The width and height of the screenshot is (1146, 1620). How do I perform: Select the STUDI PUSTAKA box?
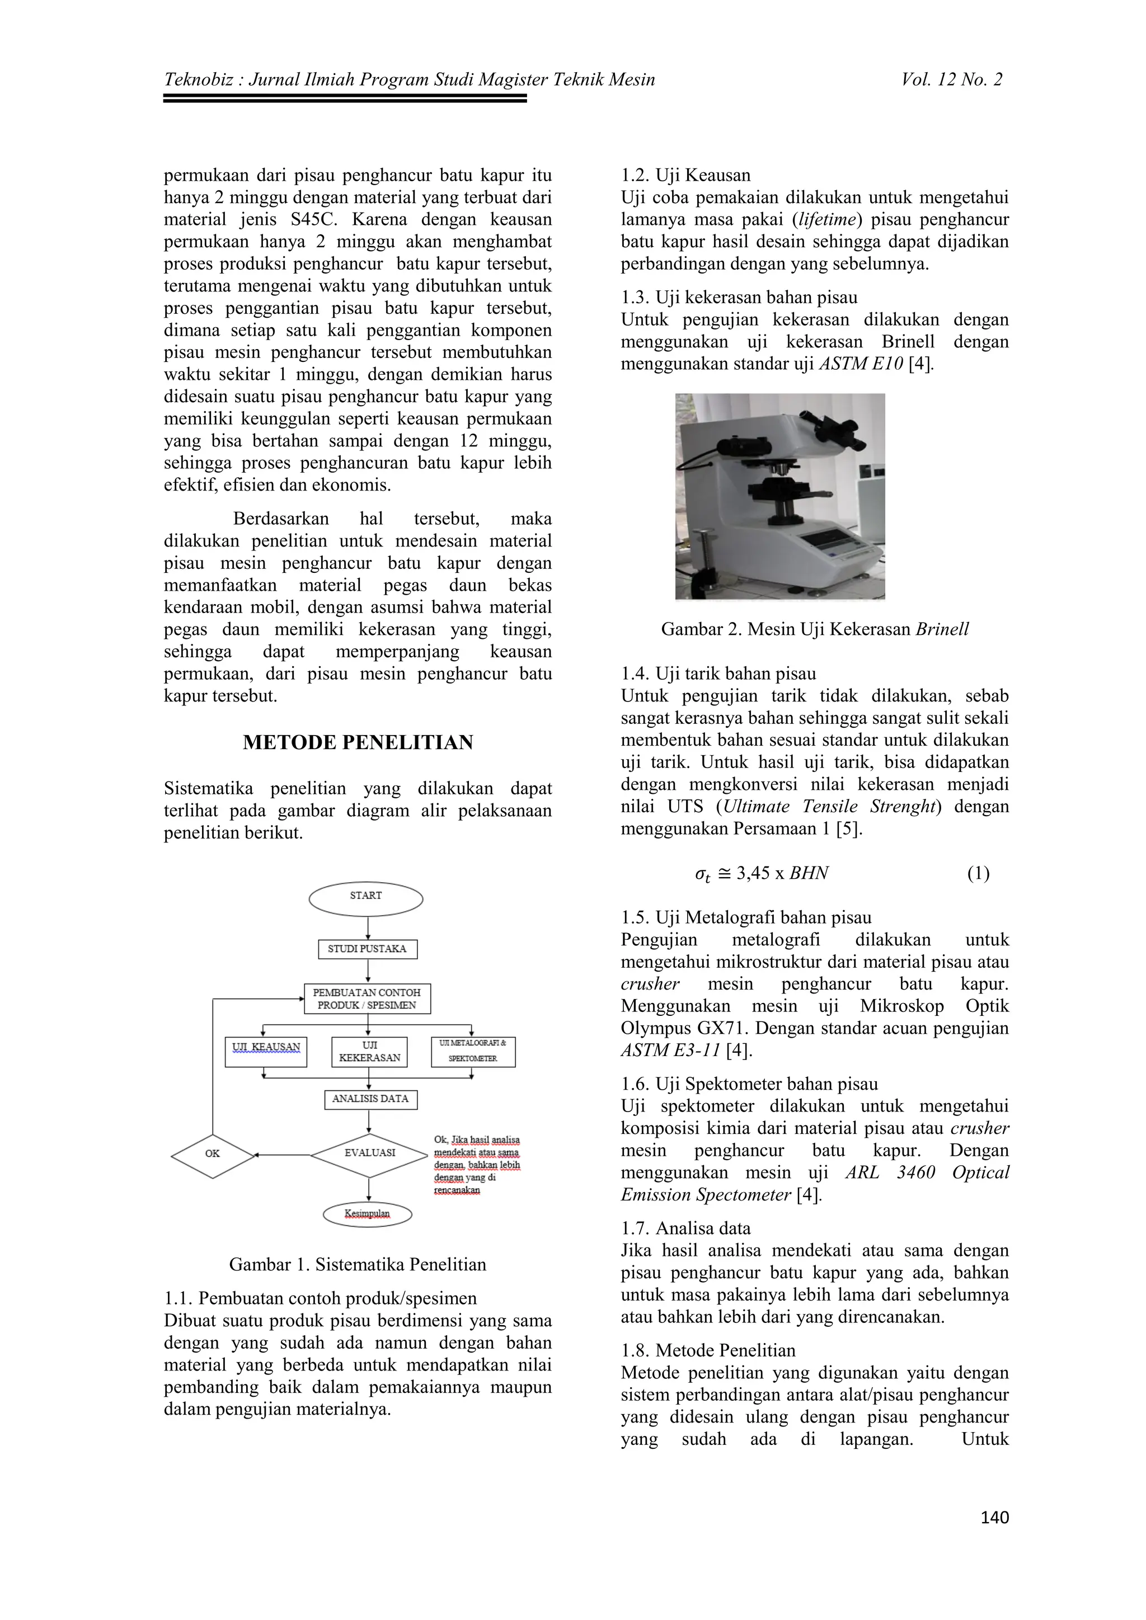[367, 949]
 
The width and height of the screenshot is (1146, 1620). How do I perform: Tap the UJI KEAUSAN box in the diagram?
[266, 1051]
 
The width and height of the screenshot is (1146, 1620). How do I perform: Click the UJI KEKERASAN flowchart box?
[369, 1051]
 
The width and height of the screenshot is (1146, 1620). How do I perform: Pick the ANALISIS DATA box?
[370, 1099]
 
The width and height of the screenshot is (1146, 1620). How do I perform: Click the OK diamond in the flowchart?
[213, 1155]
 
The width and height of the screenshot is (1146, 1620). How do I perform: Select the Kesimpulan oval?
[367, 1213]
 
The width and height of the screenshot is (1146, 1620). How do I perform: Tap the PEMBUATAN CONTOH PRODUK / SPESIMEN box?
[367, 999]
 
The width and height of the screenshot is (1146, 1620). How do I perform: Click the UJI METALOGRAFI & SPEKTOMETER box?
[473, 1051]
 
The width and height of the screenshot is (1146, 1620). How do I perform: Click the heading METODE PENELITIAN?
[358, 742]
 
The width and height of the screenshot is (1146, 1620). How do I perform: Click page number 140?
[994, 1517]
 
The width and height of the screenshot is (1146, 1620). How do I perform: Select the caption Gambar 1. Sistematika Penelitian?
[358, 1264]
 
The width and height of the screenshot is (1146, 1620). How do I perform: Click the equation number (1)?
[978, 874]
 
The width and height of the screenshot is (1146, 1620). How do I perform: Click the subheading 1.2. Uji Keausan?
[685, 175]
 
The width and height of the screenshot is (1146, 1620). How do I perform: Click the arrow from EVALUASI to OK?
[282, 1155]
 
